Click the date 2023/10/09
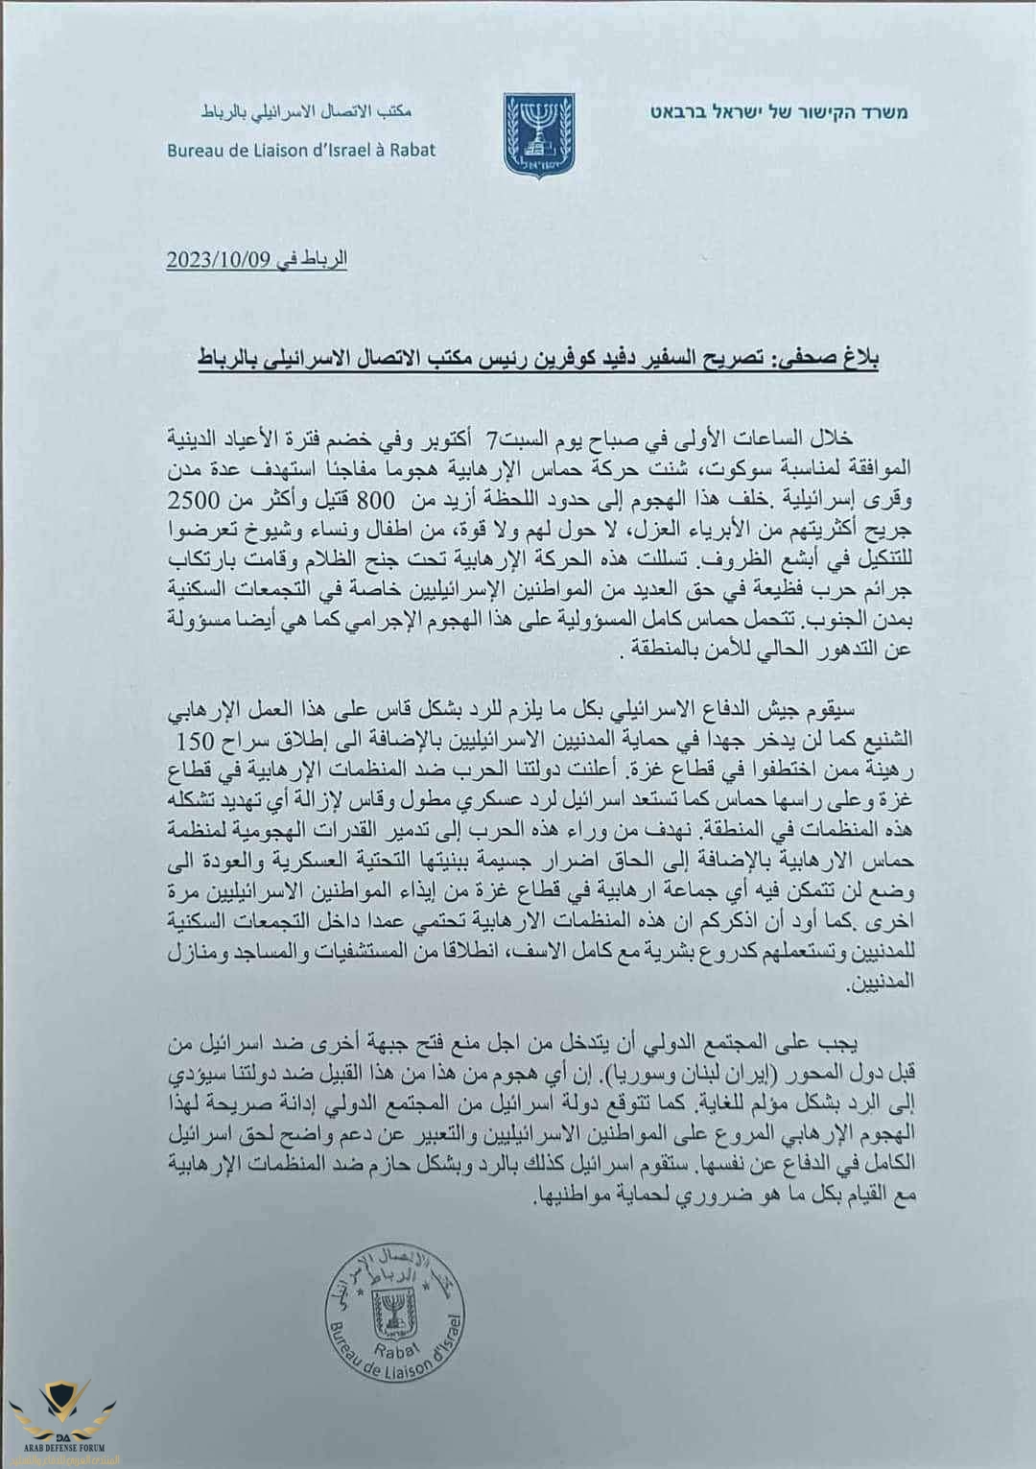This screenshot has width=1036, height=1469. point(220,261)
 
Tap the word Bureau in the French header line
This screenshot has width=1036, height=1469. point(198,150)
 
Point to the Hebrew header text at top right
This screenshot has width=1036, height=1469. point(777,112)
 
